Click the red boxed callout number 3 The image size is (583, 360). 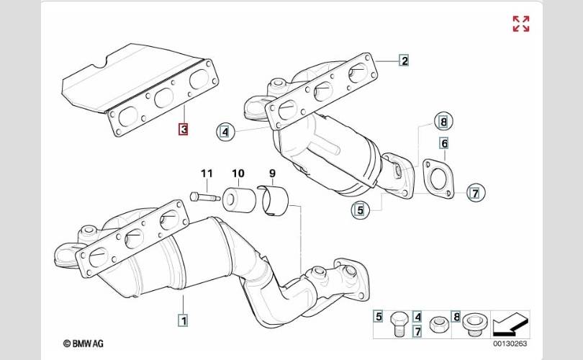point(184,130)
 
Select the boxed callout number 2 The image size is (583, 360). point(405,60)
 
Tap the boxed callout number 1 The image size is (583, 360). point(184,319)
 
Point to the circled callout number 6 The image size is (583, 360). point(444,143)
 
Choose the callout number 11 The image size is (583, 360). point(207,174)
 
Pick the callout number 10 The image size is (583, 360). point(238,174)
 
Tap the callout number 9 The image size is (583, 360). point(272,174)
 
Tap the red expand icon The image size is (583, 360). point(520,24)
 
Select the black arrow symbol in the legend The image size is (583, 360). point(512,325)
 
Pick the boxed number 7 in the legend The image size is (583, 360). point(417,331)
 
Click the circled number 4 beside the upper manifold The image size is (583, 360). point(225,132)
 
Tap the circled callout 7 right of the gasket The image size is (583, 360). point(475,192)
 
